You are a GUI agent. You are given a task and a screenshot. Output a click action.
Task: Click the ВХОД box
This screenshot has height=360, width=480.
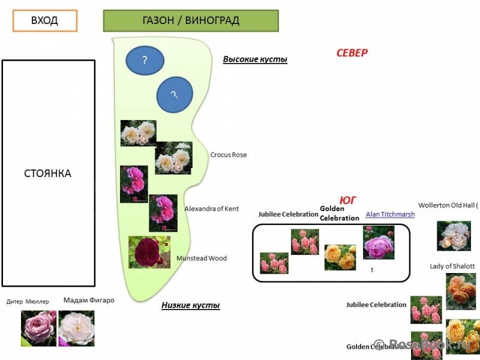point(45,20)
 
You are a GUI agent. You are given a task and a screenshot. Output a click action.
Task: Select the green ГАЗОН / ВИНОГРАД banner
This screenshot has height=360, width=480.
point(191,20)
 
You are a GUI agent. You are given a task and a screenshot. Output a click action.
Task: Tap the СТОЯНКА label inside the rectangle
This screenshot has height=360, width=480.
point(47,173)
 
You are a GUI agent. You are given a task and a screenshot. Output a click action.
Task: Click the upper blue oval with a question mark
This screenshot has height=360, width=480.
point(145,61)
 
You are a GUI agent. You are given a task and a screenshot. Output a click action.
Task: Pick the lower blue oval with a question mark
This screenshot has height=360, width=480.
point(175,95)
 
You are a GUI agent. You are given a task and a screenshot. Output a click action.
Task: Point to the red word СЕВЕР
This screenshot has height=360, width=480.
point(352,53)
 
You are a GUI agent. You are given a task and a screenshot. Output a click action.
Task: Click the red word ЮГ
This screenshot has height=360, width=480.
point(349,200)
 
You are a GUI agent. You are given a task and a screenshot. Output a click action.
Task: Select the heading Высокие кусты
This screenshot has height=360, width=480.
point(255,59)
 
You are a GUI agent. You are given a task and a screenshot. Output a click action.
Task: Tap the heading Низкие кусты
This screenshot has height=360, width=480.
point(190,305)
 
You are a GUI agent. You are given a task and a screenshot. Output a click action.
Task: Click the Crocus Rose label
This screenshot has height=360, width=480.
point(228,155)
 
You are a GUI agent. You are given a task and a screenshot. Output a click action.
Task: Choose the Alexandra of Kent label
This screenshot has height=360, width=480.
point(211,209)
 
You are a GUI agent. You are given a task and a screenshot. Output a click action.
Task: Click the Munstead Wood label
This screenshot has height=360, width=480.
point(202,259)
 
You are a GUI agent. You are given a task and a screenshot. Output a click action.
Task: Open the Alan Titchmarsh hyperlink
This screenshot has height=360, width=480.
point(390,214)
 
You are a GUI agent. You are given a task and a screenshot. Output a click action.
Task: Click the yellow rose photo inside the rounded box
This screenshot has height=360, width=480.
point(340,257)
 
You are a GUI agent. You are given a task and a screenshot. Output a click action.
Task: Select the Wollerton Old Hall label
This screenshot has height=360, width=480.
point(448,205)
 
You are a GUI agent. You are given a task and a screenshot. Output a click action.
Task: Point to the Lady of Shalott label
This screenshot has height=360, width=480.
point(452,266)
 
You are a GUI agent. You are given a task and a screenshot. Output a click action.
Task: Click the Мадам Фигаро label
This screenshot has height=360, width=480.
point(89,300)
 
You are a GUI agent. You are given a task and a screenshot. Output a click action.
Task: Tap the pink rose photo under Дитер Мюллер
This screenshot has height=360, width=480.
point(38,328)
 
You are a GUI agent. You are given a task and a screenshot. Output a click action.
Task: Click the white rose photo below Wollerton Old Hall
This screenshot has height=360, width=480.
point(454,236)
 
